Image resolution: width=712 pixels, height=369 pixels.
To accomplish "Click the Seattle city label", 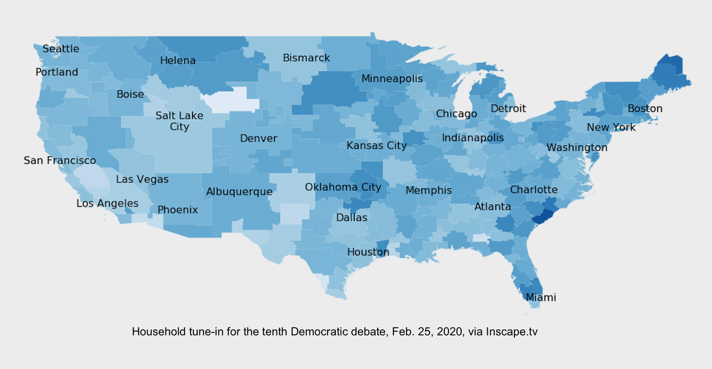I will pos(61,49).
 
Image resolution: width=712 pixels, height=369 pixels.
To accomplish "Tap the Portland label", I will pos(56,72).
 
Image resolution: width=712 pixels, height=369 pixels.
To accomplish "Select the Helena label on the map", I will pos(177,61).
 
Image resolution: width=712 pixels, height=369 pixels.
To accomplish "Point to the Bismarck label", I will pos(306,58).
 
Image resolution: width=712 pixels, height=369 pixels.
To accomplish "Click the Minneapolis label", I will pos(392,79).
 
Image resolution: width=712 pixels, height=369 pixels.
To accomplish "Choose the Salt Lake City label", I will pos(179,121).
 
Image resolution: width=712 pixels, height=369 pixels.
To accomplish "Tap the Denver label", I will pos(258,138).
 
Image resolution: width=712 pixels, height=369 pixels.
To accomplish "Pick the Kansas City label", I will pos(377,145).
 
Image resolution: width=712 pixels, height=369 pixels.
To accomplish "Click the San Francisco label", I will pos(59,161).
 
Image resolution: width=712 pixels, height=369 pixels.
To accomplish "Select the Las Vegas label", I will pos(142,179).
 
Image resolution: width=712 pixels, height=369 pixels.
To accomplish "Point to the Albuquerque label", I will pos(239,192).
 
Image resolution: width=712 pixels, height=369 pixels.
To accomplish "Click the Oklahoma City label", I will pos(343,187).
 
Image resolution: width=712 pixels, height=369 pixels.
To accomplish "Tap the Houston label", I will pos(368,252).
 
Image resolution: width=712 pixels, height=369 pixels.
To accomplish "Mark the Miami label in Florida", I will pos(541,297).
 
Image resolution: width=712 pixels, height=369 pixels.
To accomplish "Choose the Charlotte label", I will pos(533,190).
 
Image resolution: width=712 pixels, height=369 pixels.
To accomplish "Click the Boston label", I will pos(645,109).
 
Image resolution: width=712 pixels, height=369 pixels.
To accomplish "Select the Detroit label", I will pos(508,109).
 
